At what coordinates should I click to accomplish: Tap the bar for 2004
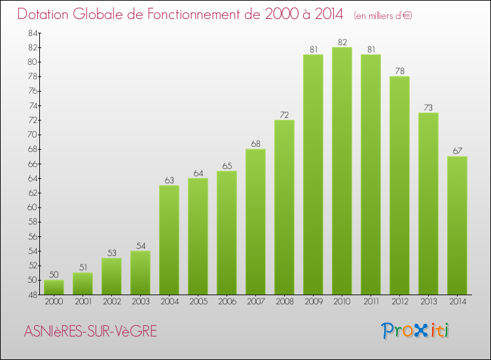tap(169, 240)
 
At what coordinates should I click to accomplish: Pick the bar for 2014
tap(457, 225)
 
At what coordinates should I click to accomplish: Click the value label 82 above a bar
tap(342, 43)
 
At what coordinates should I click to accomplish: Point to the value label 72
tap(284, 115)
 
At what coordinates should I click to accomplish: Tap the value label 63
tap(169, 181)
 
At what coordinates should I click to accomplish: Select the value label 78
tap(399, 71)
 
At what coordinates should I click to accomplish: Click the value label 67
tap(457, 152)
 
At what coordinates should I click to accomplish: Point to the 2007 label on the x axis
tap(255, 302)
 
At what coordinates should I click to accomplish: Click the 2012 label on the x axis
tap(399, 302)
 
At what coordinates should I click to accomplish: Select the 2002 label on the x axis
tap(111, 302)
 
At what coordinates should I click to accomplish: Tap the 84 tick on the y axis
tap(32, 33)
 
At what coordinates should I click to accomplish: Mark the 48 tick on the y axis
tap(32, 295)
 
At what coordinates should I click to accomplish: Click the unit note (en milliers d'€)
tap(383, 15)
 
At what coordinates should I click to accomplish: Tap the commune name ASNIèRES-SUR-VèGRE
tap(90, 331)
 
